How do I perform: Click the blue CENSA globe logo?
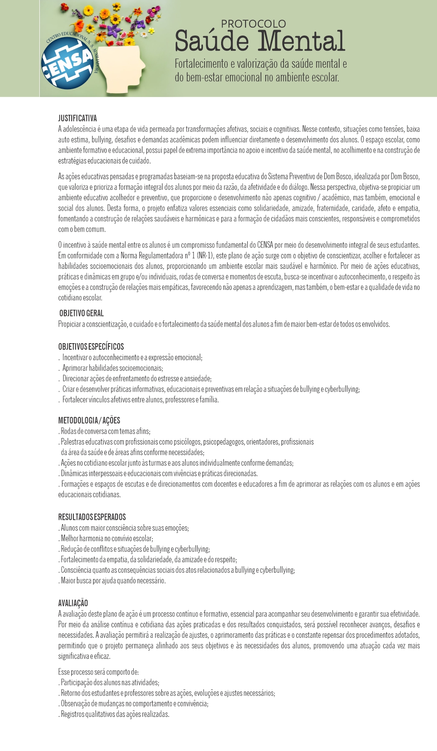(67, 63)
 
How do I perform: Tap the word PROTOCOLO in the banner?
(253, 24)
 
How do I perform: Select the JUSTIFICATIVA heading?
(77, 118)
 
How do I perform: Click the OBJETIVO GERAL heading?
(82, 313)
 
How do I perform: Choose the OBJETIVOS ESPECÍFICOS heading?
(91, 347)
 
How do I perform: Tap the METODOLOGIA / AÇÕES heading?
(89, 420)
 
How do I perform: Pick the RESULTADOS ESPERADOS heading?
(92, 517)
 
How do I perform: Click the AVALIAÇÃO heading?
(73, 603)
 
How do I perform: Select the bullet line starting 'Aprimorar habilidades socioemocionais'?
(112, 368)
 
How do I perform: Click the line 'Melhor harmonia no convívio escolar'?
(107, 539)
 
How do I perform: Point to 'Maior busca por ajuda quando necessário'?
(113, 581)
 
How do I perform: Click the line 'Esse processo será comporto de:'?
(98, 672)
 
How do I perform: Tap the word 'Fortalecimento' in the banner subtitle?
(201, 64)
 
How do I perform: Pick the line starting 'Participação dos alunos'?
(110, 682)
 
